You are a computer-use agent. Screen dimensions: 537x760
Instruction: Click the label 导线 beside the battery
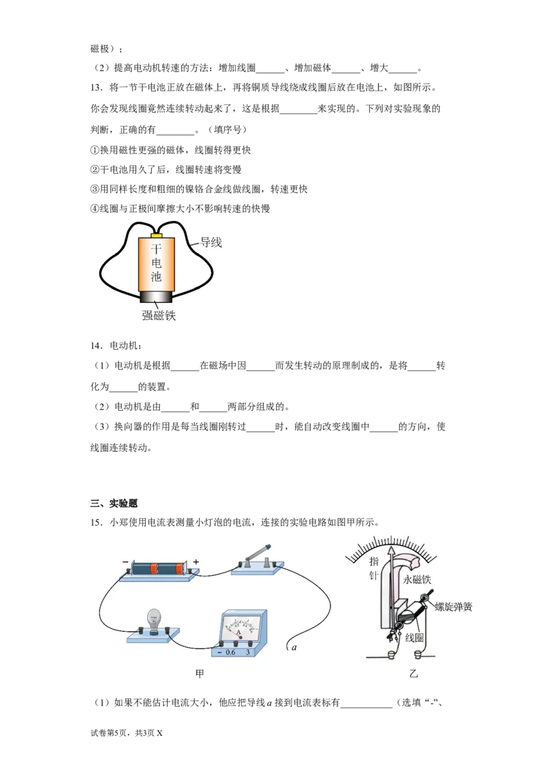211,242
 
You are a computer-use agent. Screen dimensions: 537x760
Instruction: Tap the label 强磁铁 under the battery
158,316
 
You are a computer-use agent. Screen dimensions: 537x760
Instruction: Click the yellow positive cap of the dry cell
156,235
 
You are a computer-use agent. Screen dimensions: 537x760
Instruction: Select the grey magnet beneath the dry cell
156,297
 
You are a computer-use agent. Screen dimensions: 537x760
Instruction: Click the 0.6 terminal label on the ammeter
230,652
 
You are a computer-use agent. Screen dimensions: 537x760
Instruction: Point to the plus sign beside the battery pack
196,562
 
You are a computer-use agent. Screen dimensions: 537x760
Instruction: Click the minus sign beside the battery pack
126,562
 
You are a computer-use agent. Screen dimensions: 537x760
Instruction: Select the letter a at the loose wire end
294,647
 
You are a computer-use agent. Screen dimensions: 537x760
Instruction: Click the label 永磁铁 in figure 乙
417,579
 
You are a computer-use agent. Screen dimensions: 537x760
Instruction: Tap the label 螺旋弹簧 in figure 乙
453,607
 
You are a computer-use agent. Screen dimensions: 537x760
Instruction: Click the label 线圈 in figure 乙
414,637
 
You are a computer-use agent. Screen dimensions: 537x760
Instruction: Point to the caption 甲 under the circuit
199,673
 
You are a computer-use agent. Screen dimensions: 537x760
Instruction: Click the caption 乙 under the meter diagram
413,673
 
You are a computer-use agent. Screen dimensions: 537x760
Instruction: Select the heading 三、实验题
114,503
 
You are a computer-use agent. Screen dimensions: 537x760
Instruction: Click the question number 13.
97,88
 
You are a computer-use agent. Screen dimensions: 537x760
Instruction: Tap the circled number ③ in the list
95,189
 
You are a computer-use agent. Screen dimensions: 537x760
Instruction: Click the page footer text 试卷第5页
110,733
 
